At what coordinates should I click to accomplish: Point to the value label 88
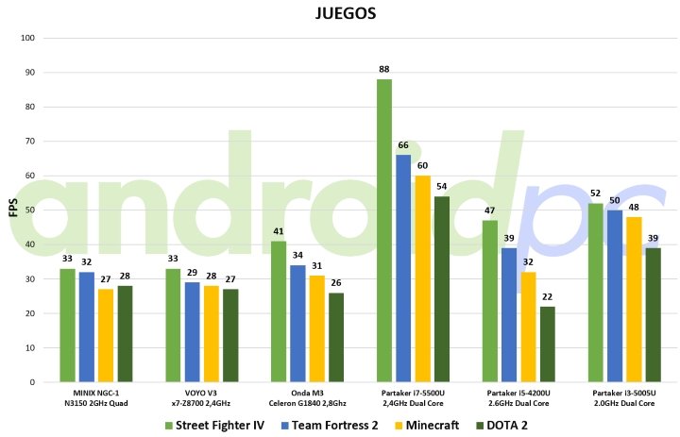point(383,69)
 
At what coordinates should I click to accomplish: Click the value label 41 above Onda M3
point(278,231)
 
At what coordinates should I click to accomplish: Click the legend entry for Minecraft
point(426,425)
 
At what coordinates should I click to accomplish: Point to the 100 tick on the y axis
point(26,39)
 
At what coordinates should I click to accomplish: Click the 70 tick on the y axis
point(28,142)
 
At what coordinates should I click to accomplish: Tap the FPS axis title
point(12,210)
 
